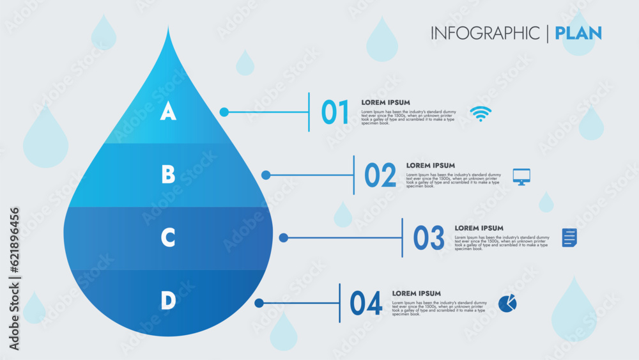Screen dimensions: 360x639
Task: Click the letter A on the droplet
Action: pos(167,112)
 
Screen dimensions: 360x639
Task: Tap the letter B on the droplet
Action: pos(168,175)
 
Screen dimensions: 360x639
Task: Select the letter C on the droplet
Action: pos(168,238)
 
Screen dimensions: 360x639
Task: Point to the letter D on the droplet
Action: pos(168,301)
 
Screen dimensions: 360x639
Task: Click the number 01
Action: pos(335,113)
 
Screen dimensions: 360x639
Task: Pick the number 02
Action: pos(380,176)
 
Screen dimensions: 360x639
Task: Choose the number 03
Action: pos(428,239)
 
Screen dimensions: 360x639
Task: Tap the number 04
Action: pos(366,304)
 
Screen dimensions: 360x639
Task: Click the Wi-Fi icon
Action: pos(481,114)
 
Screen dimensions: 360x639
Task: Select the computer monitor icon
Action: pos(521,176)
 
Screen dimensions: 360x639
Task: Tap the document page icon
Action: pos(569,238)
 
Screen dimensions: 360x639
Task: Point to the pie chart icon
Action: pos(507,303)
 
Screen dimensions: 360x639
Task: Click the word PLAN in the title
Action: pos(578,33)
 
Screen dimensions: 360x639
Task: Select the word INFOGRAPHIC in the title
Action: pos(485,33)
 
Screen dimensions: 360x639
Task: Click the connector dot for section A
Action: pos(224,112)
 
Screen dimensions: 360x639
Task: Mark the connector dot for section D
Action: pos(259,303)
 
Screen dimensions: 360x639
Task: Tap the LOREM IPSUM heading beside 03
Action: pos(479,228)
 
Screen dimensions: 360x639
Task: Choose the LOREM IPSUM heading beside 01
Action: pos(385,102)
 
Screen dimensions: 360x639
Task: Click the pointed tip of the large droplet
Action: pos(169,29)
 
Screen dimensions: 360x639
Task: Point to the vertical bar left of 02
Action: pos(354,175)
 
